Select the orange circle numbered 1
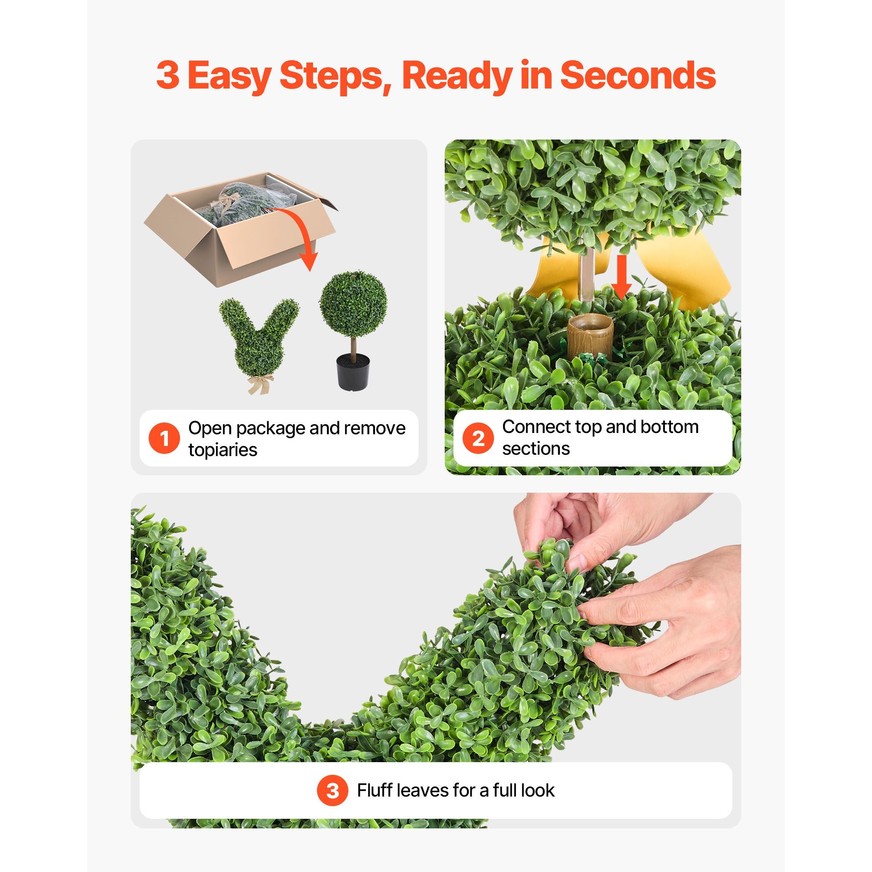[x=164, y=438]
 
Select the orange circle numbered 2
[x=478, y=438]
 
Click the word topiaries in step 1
[x=222, y=450]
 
